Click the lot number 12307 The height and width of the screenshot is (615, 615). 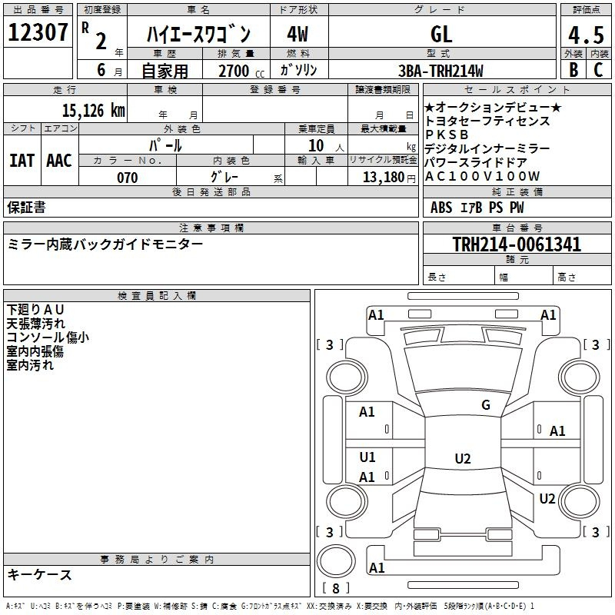coord(38,32)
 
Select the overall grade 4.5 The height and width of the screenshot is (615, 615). coord(586,35)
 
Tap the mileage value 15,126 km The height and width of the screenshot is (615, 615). coord(93,110)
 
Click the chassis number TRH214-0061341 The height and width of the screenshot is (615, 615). coord(517,244)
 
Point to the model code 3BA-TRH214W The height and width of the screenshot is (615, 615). coord(440,71)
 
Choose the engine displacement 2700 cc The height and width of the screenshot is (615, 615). coord(241,71)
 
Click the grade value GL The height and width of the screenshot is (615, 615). coord(441,34)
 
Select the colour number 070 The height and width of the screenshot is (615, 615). coord(127,178)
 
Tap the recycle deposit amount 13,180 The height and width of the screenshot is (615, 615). coord(384,178)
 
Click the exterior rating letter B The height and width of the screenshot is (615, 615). coord(573,70)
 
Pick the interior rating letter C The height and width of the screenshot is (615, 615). coord(598,70)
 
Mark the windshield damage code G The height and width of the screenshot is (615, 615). coord(486,404)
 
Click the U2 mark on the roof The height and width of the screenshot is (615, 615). coord(463,458)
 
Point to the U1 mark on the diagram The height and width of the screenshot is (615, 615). coord(367,457)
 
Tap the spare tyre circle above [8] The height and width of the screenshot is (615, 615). coord(336,561)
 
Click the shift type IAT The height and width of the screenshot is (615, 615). coord(22,161)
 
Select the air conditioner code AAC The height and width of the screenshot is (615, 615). coord(59,161)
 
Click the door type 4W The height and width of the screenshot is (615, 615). coord(298,34)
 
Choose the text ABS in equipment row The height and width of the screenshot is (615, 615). coord(441,208)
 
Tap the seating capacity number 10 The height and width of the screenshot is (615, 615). coord(316,145)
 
